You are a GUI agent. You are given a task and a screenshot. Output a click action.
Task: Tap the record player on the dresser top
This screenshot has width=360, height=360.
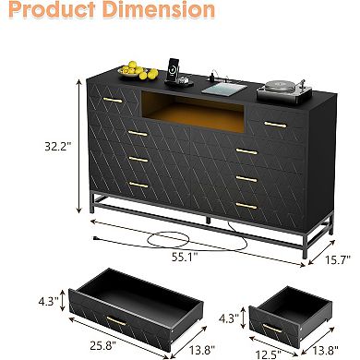(x=276, y=90)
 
